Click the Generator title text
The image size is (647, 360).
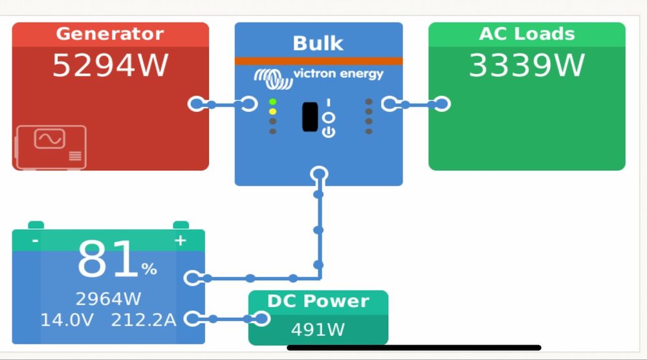110,34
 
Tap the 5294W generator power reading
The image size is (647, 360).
110,65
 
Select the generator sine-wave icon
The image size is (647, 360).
50,139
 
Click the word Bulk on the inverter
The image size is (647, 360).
318,43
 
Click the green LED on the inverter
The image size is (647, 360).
273,102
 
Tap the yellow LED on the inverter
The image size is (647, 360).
273,112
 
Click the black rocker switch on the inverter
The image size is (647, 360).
310,117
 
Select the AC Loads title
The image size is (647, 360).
527,34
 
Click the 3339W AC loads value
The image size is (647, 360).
527,65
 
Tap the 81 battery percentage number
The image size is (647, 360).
107,261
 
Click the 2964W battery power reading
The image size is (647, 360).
108,298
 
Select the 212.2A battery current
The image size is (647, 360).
144,319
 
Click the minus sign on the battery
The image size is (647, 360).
35,241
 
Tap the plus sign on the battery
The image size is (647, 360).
181,241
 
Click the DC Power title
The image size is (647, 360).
318,301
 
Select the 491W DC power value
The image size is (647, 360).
318,330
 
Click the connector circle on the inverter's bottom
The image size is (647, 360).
319,174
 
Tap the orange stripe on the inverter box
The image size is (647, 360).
318,61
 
